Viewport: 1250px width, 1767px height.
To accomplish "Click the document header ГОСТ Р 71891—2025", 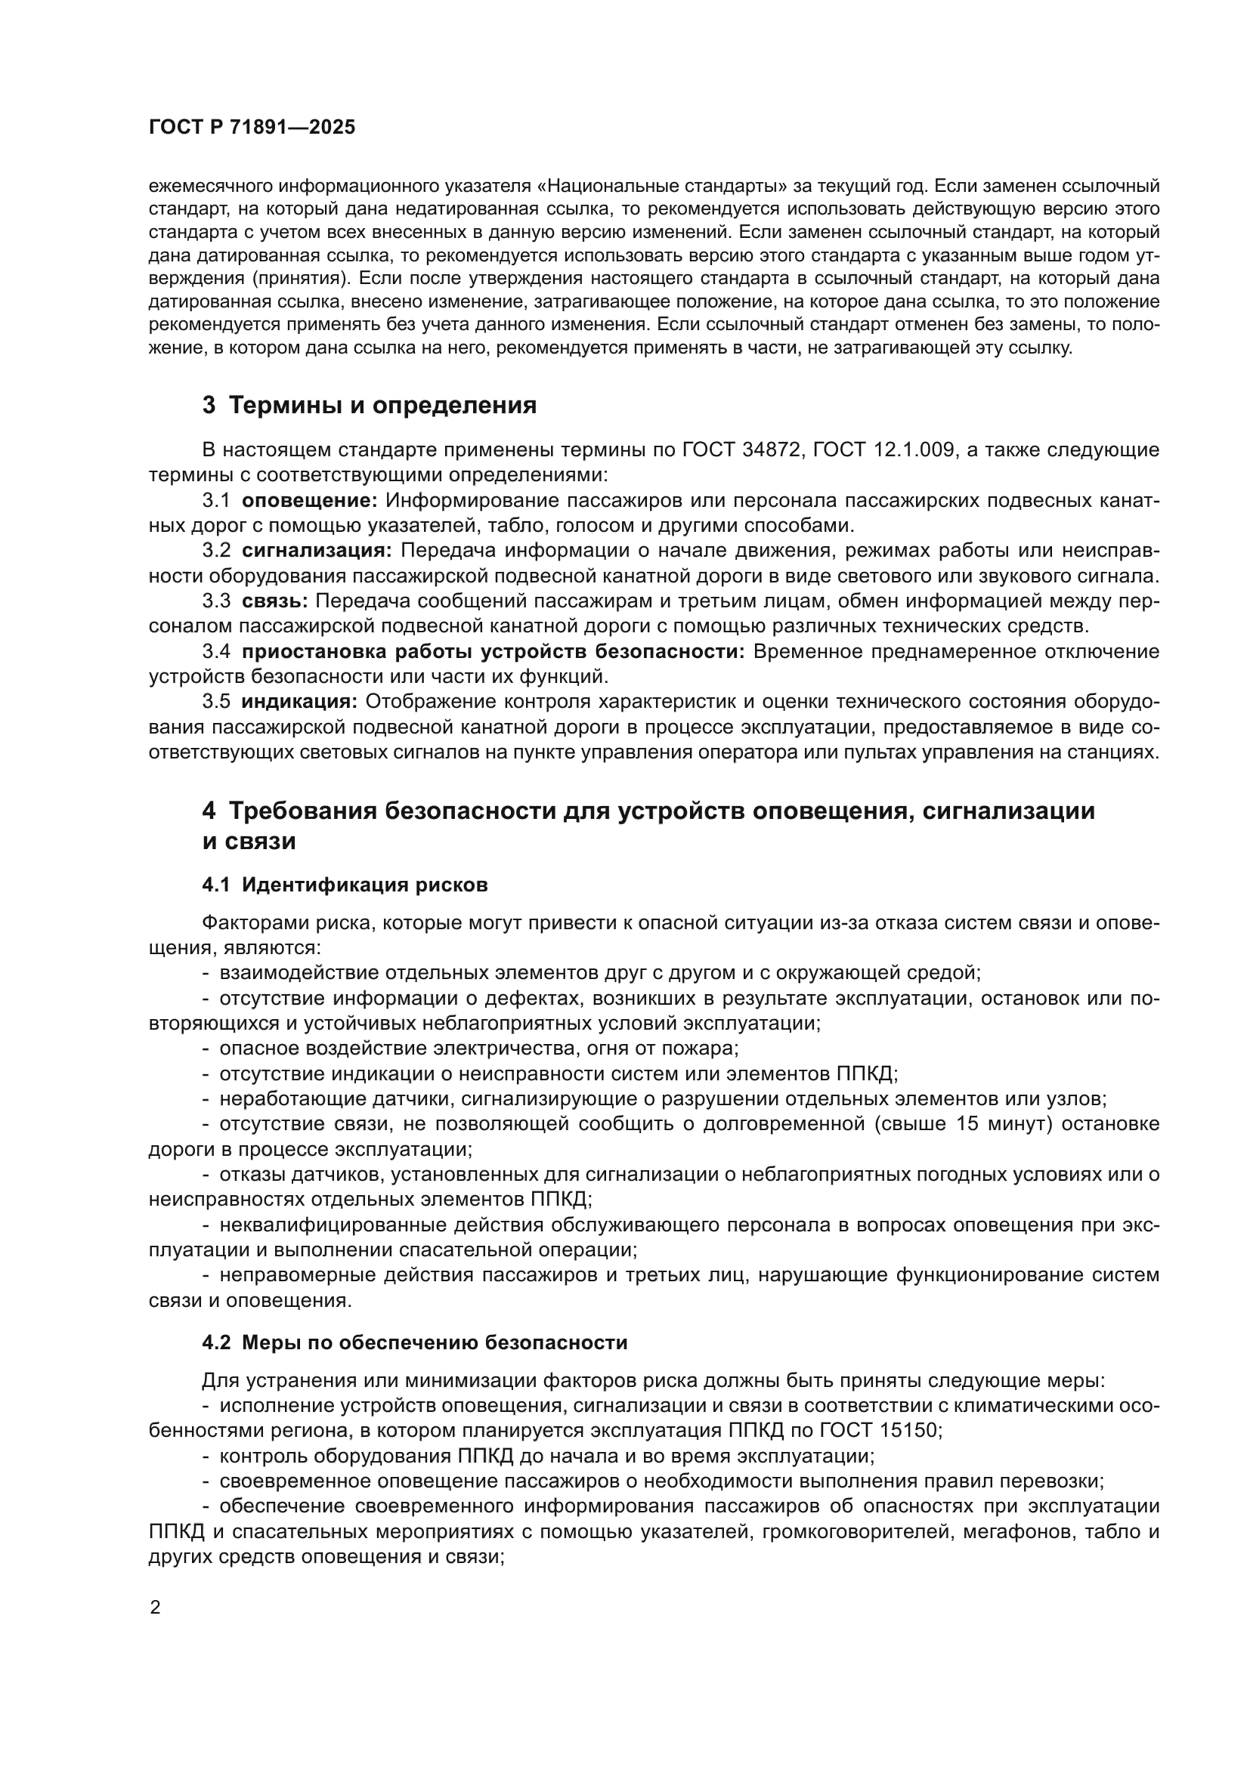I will click(252, 128).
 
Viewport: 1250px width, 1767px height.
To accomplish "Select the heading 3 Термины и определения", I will click(370, 406).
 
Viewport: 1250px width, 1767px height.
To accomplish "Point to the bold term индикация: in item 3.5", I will click(299, 701).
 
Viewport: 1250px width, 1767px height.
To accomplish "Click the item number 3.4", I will click(216, 652).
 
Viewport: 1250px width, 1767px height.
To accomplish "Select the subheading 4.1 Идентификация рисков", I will click(345, 885).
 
